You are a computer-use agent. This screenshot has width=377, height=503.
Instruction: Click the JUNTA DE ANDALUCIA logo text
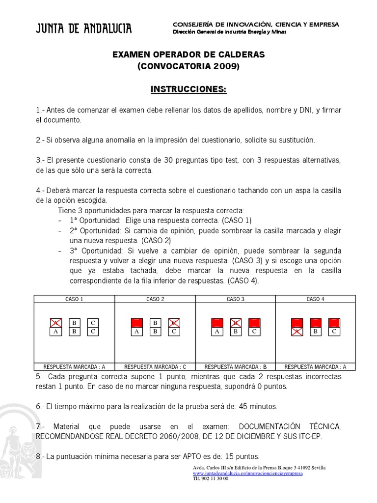83,29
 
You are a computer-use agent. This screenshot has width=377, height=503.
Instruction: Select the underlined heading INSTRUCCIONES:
188,90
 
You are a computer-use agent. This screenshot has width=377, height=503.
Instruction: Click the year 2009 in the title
225,66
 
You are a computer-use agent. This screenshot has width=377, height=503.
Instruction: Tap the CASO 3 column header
235,299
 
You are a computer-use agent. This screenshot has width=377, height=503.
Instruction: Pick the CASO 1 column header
74,299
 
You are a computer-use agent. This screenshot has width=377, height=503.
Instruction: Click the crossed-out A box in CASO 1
56,323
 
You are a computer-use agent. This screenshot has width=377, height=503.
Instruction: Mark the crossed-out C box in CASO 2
174,323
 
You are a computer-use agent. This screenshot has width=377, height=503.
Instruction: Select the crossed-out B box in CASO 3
236,323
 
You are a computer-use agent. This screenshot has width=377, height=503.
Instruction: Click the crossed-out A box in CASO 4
297,332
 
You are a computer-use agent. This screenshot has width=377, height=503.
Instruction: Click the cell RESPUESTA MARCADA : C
155,366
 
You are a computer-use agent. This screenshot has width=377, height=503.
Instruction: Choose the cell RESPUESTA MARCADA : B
235,366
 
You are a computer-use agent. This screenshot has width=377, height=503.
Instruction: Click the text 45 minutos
258,406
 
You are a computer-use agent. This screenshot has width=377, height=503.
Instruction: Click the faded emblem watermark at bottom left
17,442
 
